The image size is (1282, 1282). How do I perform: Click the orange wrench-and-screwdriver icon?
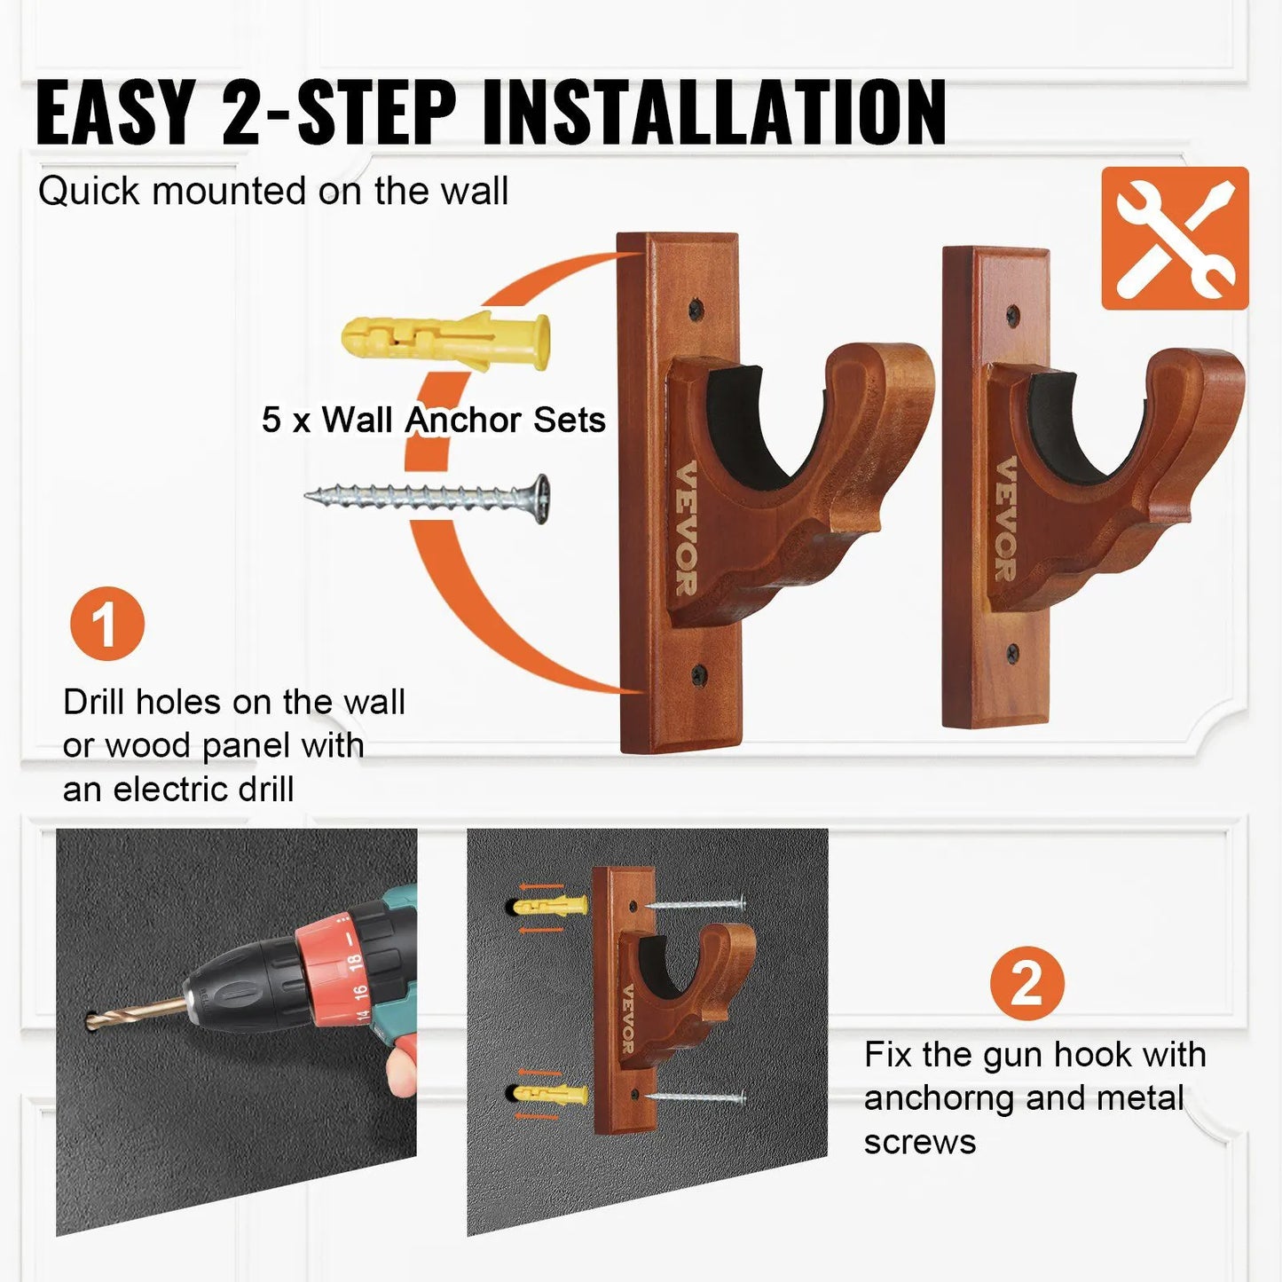(1175, 238)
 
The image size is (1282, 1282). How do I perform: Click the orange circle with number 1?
(106, 624)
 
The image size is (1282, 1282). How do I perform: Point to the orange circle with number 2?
(1026, 983)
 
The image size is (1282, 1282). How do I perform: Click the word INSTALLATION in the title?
(713, 113)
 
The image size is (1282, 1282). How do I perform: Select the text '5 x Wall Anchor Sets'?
(433, 420)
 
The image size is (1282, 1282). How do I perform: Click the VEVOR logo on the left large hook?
(686, 529)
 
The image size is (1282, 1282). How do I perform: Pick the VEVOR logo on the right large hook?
(1005, 519)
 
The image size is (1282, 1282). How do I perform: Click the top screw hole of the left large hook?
(696, 309)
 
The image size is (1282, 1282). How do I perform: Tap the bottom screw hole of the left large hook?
(699, 674)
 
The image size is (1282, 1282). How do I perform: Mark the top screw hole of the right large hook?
(1013, 313)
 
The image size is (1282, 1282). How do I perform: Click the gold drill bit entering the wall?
(133, 1013)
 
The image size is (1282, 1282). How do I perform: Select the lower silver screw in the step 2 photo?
(696, 1098)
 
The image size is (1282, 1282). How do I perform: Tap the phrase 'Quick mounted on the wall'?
(272, 191)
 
